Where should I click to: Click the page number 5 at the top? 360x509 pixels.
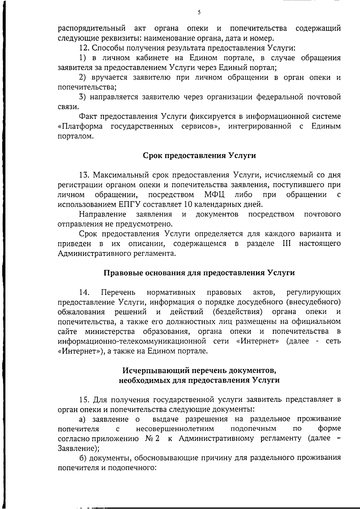point(199,12)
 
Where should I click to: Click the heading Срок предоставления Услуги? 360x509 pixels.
point(199,156)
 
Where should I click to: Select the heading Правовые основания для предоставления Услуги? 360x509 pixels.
point(199,273)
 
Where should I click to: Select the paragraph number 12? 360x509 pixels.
point(84,48)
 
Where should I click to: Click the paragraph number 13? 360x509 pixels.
point(84,175)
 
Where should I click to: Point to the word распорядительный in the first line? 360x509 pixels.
point(91,29)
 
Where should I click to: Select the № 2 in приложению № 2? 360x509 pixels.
point(152,438)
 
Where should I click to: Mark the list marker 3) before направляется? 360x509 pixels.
point(83,97)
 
